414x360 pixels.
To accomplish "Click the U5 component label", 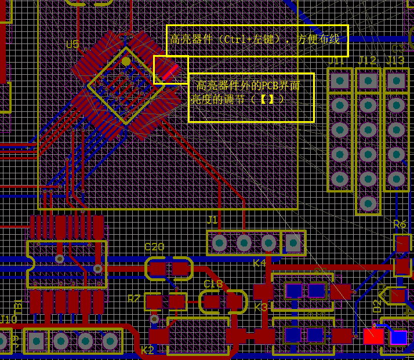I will point(72,45).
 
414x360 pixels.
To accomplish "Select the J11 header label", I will point(336,61).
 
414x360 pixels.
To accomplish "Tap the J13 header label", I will point(395,61).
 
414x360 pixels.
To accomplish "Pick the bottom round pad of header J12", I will point(368,203).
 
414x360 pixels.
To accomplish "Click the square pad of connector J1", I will point(293,243).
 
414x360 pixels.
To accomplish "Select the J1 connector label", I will point(212,220).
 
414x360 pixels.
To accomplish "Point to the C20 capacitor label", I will point(154,247).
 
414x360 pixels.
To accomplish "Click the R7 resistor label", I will point(134,299).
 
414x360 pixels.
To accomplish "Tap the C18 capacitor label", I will point(213,284).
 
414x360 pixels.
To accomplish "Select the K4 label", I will point(259,263).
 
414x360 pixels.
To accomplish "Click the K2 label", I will point(147,350).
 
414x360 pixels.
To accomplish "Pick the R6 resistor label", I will point(400,225).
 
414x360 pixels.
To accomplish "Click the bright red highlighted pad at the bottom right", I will point(373,336).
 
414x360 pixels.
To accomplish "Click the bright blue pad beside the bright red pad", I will point(399,337).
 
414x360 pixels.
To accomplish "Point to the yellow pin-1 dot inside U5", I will point(126,61).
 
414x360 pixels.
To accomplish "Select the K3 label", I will point(262,307).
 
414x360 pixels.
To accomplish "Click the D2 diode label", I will point(377,306).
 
